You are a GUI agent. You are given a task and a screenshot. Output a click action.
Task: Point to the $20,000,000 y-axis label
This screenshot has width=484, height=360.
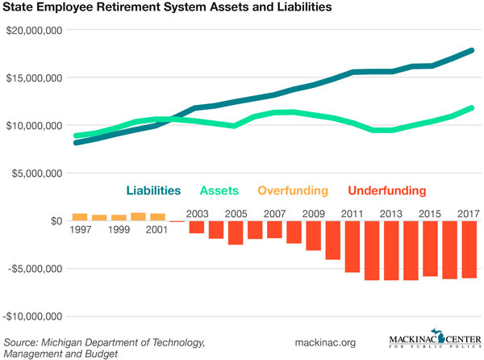[33, 31]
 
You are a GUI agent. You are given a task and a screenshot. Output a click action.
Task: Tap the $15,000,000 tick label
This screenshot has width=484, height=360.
[33, 78]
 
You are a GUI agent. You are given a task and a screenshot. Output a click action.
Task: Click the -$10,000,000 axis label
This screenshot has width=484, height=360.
[32, 316]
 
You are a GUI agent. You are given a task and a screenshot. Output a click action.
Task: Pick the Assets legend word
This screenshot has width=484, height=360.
[220, 191]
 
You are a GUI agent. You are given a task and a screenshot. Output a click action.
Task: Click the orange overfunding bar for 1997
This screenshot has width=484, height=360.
[79, 216]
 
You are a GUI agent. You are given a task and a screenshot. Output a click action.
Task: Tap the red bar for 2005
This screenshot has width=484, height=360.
[235, 232]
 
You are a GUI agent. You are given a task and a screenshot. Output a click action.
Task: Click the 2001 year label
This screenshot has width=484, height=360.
[156, 230]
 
